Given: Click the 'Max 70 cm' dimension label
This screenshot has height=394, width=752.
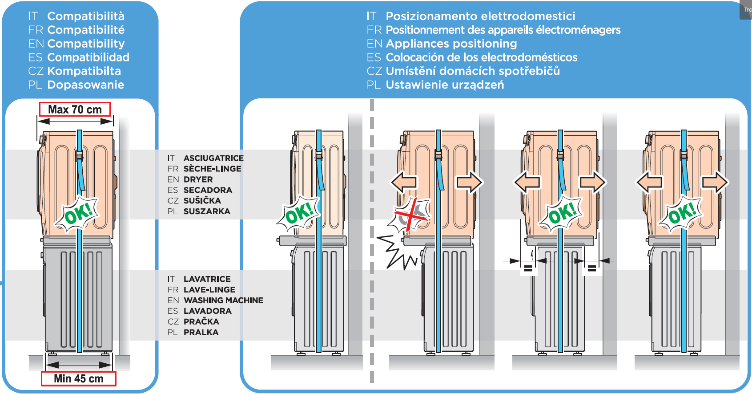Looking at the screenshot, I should point(75,110).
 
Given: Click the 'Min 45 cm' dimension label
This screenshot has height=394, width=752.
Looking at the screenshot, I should point(79,378).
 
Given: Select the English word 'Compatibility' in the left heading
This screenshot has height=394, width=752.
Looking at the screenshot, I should point(86,44).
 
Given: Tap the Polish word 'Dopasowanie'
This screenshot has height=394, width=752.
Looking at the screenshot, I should point(85,85).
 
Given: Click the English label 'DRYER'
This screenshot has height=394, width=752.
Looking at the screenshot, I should point(198,179).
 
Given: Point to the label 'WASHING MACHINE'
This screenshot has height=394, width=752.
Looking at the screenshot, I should point(223,301).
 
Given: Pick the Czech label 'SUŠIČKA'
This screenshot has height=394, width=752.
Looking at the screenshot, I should point(202,201).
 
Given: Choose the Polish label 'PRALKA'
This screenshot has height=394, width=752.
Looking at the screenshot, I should point(201,332).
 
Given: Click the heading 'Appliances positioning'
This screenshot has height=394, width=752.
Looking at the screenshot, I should point(451,44).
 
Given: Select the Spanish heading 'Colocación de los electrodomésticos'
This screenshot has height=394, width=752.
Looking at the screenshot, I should point(481,57).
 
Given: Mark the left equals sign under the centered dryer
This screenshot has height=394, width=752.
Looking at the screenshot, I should point(528,268).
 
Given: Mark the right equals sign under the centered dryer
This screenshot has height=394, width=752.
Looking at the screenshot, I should point(591,268).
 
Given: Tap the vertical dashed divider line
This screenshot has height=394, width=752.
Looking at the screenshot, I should point(372,240).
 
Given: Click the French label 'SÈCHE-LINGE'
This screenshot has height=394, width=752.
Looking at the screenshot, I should point(212,169).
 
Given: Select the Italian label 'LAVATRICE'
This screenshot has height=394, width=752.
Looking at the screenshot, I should point(207,279).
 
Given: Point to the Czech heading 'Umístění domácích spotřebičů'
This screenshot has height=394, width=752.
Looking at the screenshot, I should point(472,71).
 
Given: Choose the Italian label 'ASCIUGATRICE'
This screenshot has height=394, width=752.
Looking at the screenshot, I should point(213,158).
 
